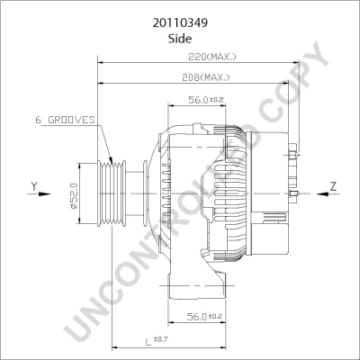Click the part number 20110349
tap(180, 23)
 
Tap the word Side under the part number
tap(180, 39)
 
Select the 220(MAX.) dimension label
tap(212, 57)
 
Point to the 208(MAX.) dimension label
tap(206, 77)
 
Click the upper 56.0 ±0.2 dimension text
tap(206, 100)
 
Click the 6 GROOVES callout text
tap(65, 120)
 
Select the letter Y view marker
tap(34, 186)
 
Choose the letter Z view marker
tap(333, 186)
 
